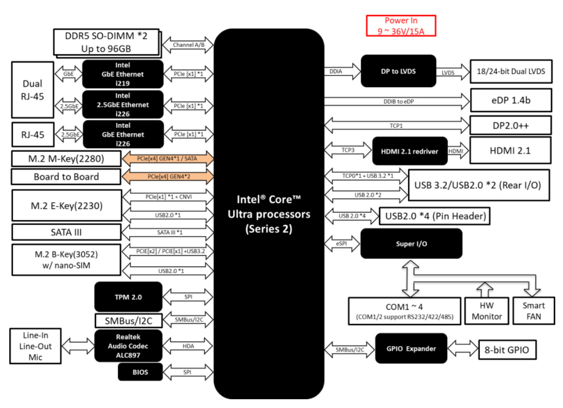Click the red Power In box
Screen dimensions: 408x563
pyautogui.click(x=401, y=26)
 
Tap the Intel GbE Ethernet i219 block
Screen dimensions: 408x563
pyautogui.click(x=123, y=74)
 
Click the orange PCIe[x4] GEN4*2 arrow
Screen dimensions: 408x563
pyautogui.click(x=167, y=177)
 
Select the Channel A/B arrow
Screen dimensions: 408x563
pyautogui.click(x=188, y=45)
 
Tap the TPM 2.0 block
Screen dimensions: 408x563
pyautogui.click(x=128, y=297)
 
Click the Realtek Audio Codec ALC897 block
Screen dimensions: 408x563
pyautogui.click(x=128, y=346)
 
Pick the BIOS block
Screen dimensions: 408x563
pyautogui.click(x=140, y=372)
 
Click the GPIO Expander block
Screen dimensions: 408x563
pyautogui.click(x=411, y=349)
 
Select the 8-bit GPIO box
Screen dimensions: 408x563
pyautogui.click(x=507, y=350)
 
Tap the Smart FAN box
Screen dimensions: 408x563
pyautogui.click(x=534, y=311)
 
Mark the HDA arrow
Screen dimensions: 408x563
pyautogui.click(x=188, y=346)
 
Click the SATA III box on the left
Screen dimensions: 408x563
pyautogui.click(x=66, y=232)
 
